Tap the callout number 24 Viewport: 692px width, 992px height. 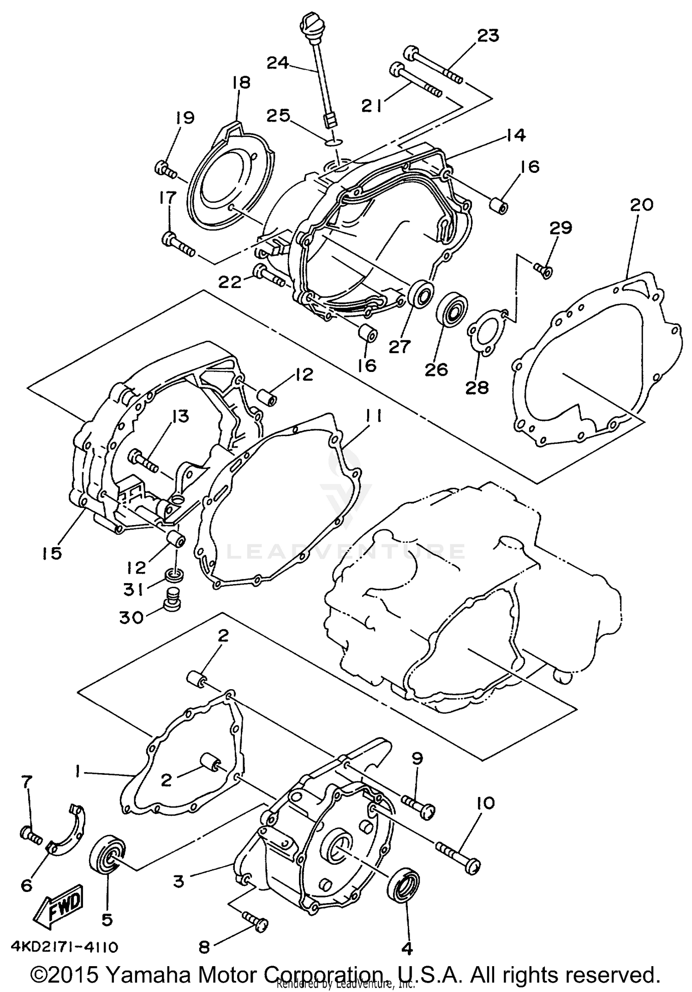click(x=279, y=63)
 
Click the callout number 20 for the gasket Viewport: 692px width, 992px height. click(x=642, y=204)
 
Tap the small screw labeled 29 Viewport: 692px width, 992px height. click(x=542, y=270)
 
